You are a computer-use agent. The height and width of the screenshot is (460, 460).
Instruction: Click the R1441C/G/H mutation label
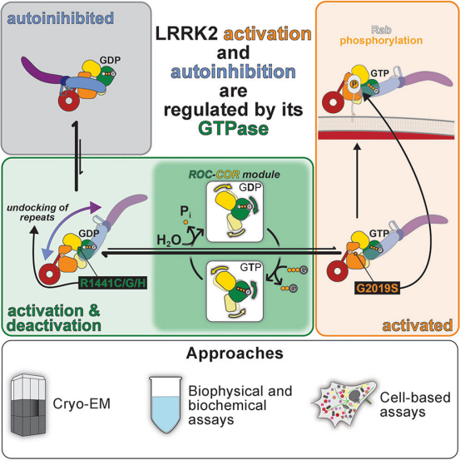(x=113, y=284)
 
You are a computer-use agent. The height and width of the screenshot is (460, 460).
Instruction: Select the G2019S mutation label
(x=378, y=288)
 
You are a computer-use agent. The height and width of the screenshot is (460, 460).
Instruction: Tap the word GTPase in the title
(x=234, y=129)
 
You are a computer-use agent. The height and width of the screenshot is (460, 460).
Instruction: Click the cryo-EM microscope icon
(x=28, y=405)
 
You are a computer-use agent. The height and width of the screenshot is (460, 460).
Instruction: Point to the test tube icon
(x=166, y=405)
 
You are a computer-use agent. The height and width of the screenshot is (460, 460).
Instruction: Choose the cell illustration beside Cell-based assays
(x=344, y=401)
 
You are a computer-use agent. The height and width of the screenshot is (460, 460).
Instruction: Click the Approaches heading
(x=235, y=353)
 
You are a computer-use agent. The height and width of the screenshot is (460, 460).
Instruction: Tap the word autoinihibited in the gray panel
(x=61, y=18)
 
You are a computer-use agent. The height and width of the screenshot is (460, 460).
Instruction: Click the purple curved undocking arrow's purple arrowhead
(x=96, y=207)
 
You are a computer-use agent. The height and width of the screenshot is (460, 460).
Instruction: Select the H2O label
(x=169, y=240)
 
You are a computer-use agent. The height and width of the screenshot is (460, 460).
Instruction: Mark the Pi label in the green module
(x=185, y=212)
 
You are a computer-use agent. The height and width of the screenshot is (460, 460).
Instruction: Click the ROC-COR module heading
(x=234, y=175)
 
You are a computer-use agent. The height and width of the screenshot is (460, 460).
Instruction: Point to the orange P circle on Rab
(x=354, y=85)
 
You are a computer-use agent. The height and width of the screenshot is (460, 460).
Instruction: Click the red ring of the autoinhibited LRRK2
(x=69, y=101)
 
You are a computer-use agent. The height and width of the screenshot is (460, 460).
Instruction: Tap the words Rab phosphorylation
(x=381, y=35)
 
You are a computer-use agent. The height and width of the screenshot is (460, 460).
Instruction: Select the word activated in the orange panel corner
(x=418, y=325)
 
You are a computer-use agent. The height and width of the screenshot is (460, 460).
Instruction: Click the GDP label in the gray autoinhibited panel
(x=110, y=60)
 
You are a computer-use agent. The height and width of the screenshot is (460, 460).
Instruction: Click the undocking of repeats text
(x=37, y=212)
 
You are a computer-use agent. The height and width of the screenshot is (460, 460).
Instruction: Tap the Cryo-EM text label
(x=82, y=404)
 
